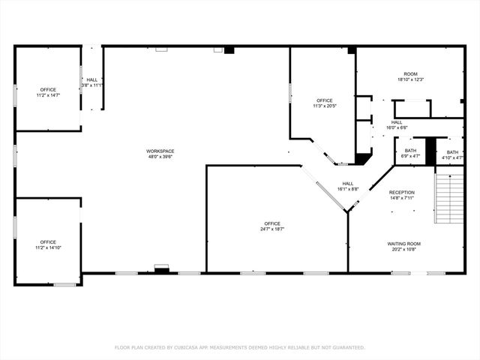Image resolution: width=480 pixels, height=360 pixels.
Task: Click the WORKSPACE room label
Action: tap(160, 151)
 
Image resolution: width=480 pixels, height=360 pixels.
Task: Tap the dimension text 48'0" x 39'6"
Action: tap(160, 157)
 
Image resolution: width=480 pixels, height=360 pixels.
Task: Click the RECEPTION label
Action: tap(401, 193)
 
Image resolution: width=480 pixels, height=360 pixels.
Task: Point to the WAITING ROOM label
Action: tap(403, 244)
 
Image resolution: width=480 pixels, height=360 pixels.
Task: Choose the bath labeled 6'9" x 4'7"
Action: tap(410, 154)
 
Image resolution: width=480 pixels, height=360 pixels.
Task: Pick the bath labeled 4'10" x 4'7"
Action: tap(451, 154)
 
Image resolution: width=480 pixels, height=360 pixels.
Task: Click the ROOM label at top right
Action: tap(410, 74)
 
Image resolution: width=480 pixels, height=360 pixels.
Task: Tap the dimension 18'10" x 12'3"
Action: tap(410, 79)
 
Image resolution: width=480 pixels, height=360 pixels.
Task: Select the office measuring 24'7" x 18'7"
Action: tap(271, 226)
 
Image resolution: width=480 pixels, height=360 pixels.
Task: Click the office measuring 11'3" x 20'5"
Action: tap(324, 103)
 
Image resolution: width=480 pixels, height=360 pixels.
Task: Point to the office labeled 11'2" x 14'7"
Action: tap(48, 92)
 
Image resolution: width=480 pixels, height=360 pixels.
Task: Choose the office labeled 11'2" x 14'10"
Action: tap(48, 244)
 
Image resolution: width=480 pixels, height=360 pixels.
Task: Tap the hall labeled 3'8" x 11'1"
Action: tap(91, 82)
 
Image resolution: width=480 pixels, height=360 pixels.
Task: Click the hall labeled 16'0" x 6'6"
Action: tap(396, 124)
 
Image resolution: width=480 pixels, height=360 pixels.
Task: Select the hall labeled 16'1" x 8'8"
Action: tap(348, 186)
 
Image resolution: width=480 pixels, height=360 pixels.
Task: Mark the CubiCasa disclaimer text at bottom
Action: tap(239, 347)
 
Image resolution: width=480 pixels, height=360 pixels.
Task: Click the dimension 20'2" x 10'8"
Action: tap(403, 249)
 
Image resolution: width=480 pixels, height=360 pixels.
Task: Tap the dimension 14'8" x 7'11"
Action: tap(401, 198)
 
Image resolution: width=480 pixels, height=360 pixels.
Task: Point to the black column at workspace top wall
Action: tap(229, 50)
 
